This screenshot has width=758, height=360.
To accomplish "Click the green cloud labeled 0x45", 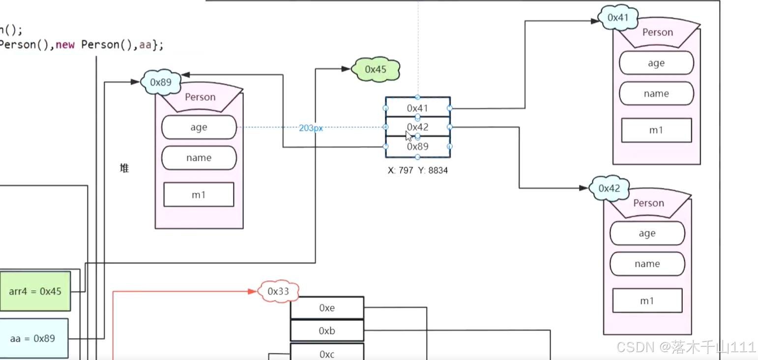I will pos(376,70).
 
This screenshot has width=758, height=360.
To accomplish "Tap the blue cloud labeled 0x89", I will pos(161,82).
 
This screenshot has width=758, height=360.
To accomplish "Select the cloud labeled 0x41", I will pos(618,18).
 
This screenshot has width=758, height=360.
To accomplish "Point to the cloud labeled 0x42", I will pos(609,188).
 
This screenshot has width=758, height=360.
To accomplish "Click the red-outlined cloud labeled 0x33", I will pos(278,291).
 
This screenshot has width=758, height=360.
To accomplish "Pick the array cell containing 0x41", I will pos(417,107).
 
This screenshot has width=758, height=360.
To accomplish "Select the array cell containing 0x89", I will pos(417,147).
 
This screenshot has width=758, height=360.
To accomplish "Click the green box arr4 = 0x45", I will pos(35,291).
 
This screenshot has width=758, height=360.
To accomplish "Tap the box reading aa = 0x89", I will pos(34,338).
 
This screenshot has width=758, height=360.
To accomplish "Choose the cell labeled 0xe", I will pos(327,308).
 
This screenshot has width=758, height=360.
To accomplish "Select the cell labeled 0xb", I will pos(327,331).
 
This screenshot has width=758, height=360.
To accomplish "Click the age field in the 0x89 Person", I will pos(199,127).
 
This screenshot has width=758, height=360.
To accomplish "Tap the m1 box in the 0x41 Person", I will pos(656,130).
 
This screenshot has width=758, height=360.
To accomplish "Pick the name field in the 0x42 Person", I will pos(647,264).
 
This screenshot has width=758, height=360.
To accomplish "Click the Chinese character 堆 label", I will pos(124,168).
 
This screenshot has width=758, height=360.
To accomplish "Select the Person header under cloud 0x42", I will pos(648,203).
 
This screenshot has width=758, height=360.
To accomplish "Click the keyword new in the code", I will pos(66,45).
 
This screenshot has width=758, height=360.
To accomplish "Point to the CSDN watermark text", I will pos(686,347).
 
